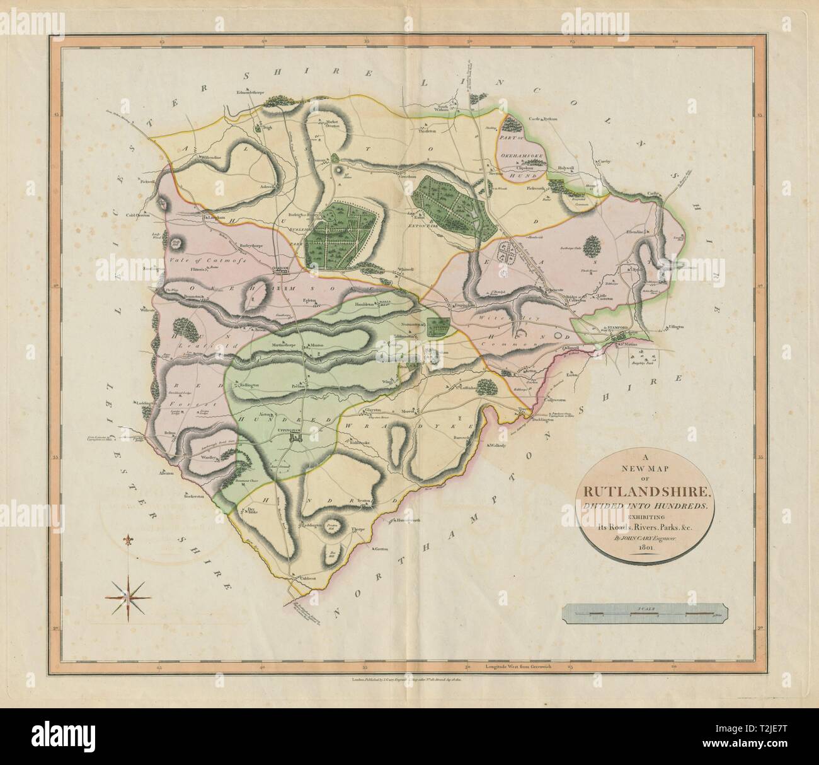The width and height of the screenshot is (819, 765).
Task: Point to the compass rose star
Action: tap(130, 594)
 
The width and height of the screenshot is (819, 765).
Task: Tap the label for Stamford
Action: tap(618, 329)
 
